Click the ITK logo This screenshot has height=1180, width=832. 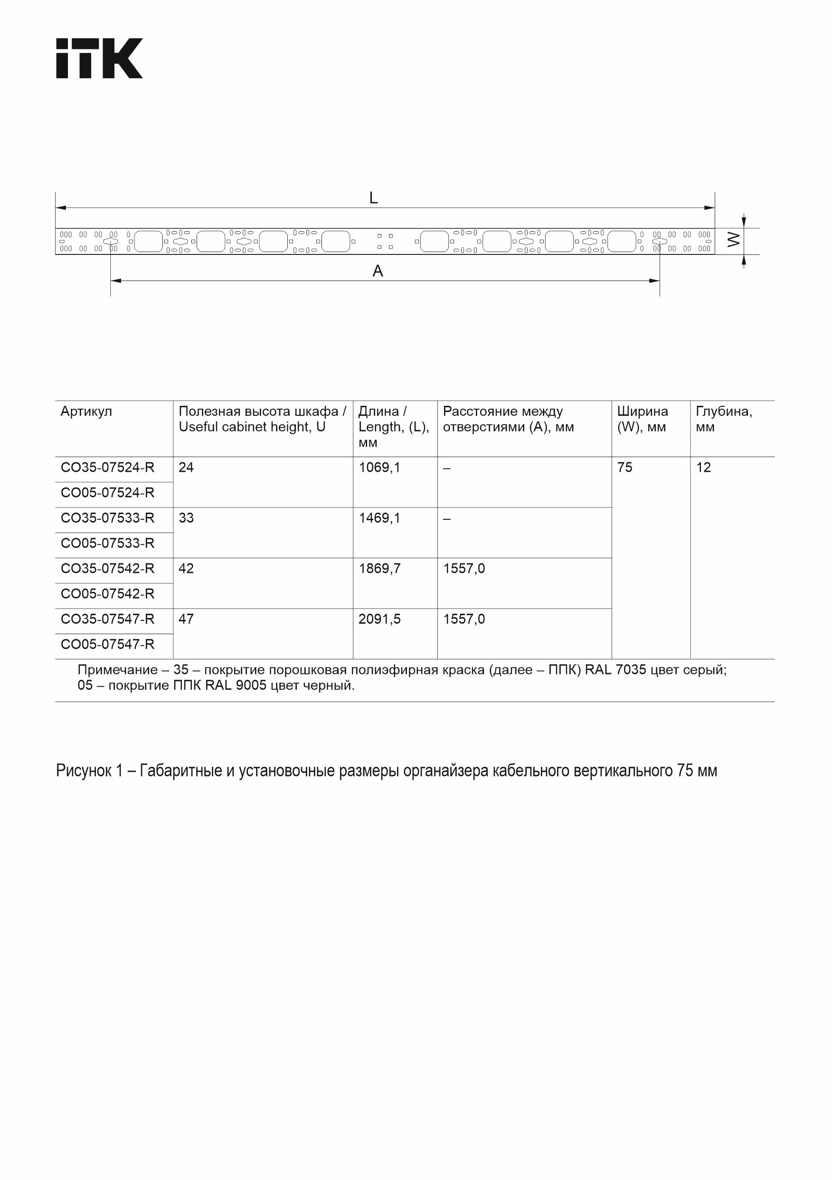click(99, 58)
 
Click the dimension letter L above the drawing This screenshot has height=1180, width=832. click(374, 198)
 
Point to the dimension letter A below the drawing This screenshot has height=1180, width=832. click(378, 271)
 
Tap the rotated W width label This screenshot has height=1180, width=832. click(735, 240)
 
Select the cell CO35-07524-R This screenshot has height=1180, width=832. click(107, 468)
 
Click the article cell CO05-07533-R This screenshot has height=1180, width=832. click(107, 543)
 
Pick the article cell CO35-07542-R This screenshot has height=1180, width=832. click(107, 569)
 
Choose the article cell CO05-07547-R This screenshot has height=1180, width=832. click(107, 644)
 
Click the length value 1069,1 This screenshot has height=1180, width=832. click(379, 468)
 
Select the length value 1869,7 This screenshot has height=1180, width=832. click(379, 569)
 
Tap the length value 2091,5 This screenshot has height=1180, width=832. click(379, 619)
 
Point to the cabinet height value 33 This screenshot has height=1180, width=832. click(186, 518)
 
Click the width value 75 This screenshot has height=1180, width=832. click(625, 468)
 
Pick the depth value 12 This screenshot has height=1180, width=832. click(703, 468)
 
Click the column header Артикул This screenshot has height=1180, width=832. click(86, 412)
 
